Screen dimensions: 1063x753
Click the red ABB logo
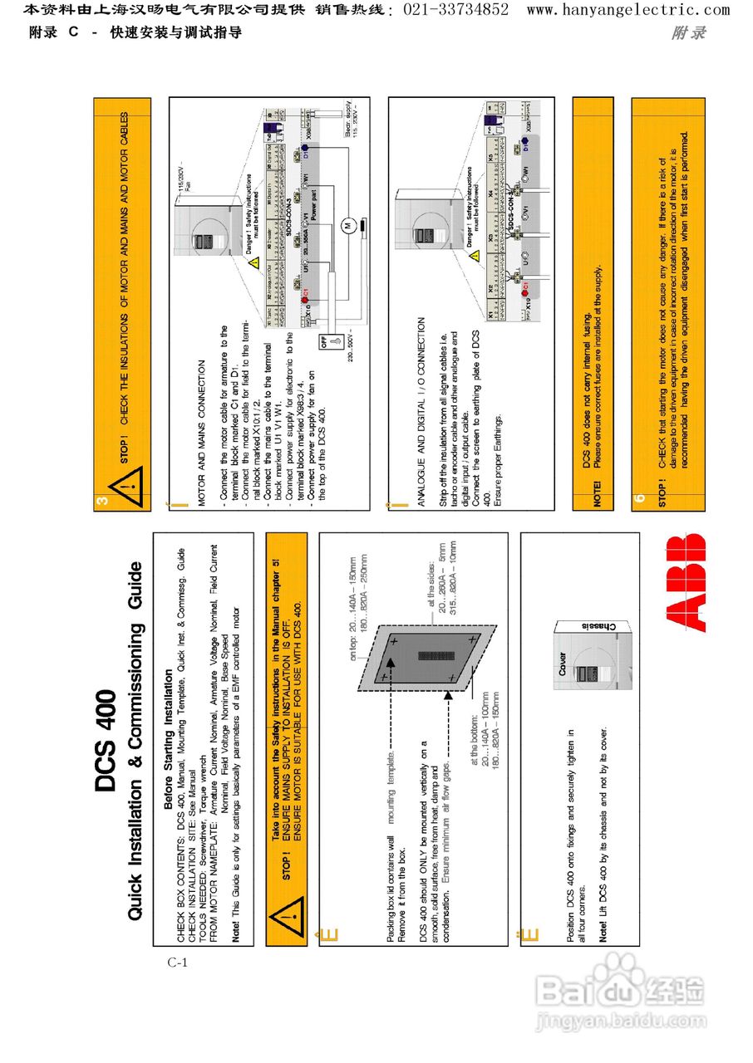coord(687,582)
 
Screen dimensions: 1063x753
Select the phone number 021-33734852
coord(456,10)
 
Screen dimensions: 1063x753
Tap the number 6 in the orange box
coord(640,499)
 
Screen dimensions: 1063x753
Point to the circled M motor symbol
coord(350,225)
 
